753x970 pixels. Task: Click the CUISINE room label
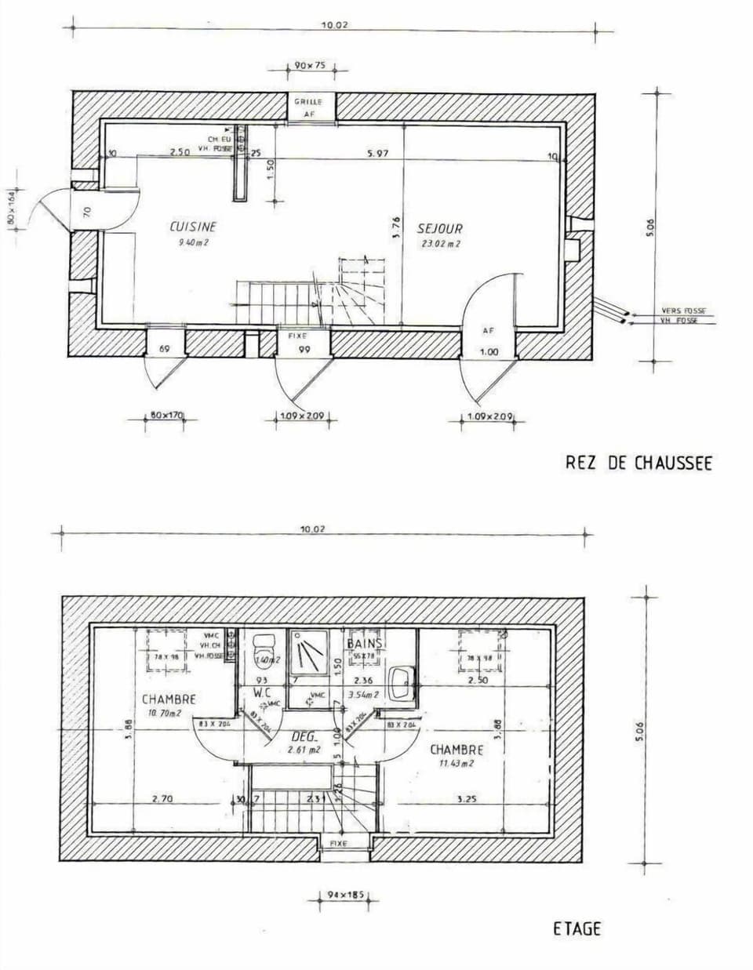coord(193,227)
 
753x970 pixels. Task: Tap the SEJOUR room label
coord(439,228)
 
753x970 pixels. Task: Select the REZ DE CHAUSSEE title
coord(638,463)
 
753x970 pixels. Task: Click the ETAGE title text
coord(577,929)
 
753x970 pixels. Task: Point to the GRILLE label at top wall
coord(309,102)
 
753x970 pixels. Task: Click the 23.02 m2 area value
coord(439,244)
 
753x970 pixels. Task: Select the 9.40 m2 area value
coord(193,242)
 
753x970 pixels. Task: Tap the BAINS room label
coord(365,644)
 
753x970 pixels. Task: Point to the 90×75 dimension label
coord(310,66)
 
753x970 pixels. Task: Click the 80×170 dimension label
coord(166,415)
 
